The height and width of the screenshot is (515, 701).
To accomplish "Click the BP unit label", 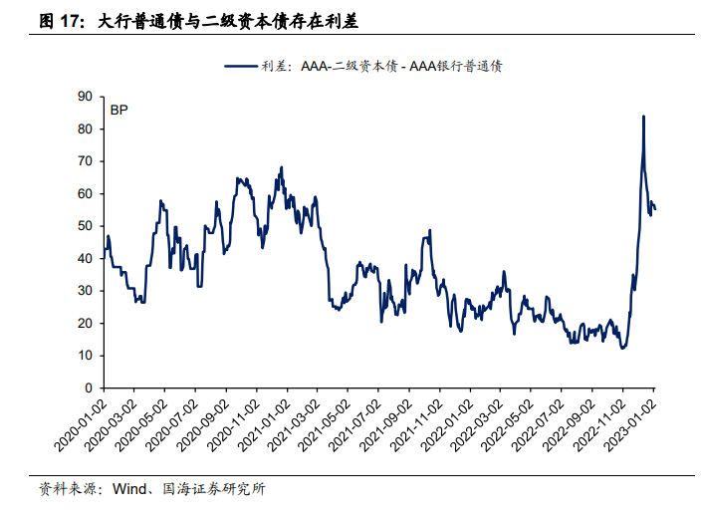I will [118, 110].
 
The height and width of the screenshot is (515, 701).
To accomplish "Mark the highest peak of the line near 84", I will [643, 117].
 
